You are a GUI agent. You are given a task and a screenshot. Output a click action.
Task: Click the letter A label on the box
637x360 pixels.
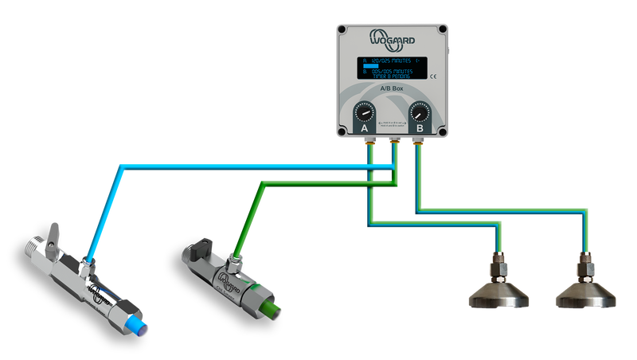pos(365,128)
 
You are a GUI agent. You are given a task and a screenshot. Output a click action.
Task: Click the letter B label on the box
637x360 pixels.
pos(420,128)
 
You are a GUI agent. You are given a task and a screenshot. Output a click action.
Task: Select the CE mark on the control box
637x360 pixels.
pos(432,76)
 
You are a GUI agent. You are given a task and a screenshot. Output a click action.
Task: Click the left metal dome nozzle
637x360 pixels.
pos(498,295)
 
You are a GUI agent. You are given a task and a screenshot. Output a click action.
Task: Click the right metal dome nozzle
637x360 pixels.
pos(586,295)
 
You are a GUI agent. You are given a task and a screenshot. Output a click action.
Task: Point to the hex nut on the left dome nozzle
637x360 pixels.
pos(499,264)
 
